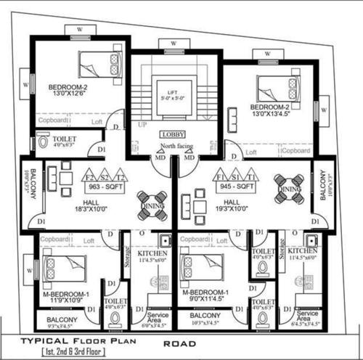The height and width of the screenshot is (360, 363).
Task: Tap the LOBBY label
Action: (174, 135)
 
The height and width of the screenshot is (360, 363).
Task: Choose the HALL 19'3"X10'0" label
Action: (232, 206)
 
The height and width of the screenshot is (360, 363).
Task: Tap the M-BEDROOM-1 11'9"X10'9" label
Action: (65, 298)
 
